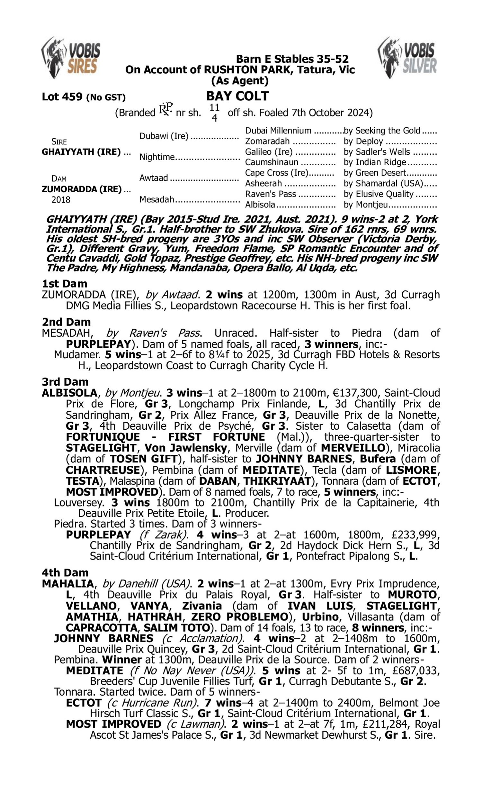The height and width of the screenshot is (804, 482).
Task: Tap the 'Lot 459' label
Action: tap(63, 97)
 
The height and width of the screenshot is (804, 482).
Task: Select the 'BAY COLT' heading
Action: tap(237, 96)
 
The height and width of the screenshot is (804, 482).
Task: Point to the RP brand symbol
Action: tap(165, 110)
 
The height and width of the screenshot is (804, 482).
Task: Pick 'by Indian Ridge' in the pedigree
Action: tap(375, 162)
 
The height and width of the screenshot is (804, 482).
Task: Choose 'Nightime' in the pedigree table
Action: tap(157, 157)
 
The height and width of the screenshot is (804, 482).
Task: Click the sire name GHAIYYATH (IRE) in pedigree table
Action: tap(81, 152)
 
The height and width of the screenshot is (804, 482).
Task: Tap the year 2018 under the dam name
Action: tap(61, 199)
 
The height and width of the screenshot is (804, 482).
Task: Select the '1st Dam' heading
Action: tap(65, 284)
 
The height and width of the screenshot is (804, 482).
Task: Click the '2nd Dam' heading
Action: tap(66, 322)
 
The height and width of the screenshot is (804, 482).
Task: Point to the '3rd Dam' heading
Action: tap(65, 381)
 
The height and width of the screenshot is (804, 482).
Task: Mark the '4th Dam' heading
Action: tap(65, 572)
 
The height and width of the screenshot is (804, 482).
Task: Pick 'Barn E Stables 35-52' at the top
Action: tap(292, 59)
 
